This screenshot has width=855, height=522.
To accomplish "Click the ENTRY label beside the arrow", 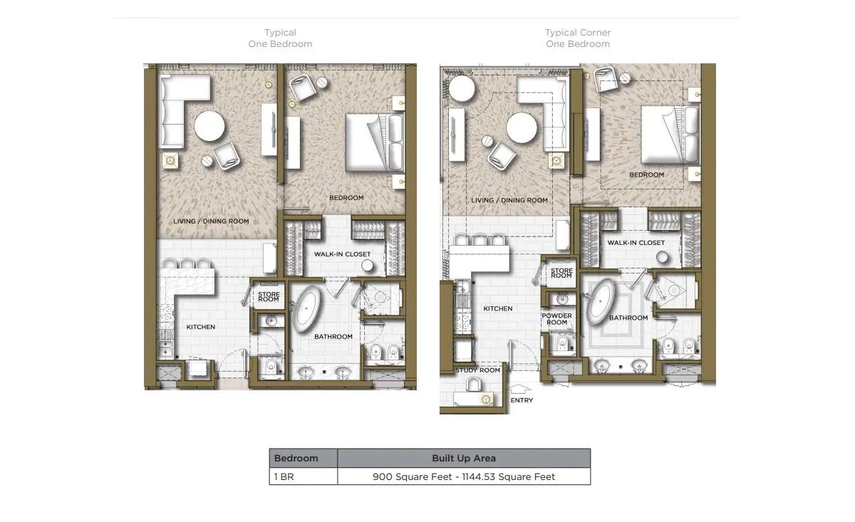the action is tap(522, 400).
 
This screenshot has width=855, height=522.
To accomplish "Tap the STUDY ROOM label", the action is tap(477, 370).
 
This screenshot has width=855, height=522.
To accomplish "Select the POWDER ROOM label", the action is tap(557, 319).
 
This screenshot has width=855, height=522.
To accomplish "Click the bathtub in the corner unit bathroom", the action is tap(600, 301).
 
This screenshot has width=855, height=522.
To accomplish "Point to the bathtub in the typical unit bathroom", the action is tap(306, 309).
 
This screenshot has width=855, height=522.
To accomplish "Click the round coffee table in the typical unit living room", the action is tap(209, 126).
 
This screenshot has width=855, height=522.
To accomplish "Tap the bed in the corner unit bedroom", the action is tap(670, 135).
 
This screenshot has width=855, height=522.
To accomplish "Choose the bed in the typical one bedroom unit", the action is tap(375, 142).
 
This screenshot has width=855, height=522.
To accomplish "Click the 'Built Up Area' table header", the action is tap(464, 458).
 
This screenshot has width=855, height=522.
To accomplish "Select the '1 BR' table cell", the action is tap(284, 476).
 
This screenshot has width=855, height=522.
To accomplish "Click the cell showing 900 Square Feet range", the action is tap(464, 476).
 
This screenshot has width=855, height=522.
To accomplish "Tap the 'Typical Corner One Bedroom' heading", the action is tap(578, 38).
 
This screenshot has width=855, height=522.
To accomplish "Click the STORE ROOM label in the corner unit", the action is tap(561, 273).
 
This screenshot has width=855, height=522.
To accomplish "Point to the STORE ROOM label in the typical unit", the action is tap(269, 296).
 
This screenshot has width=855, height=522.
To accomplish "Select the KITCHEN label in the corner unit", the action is tap(498, 308).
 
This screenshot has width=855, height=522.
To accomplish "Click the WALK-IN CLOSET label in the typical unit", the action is tap(343, 254).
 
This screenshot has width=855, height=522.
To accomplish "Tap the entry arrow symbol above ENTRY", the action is tap(520, 388).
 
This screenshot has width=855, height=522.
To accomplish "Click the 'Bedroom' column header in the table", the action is tap(296, 458).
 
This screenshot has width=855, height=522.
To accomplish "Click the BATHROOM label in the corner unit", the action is tap(628, 318).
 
